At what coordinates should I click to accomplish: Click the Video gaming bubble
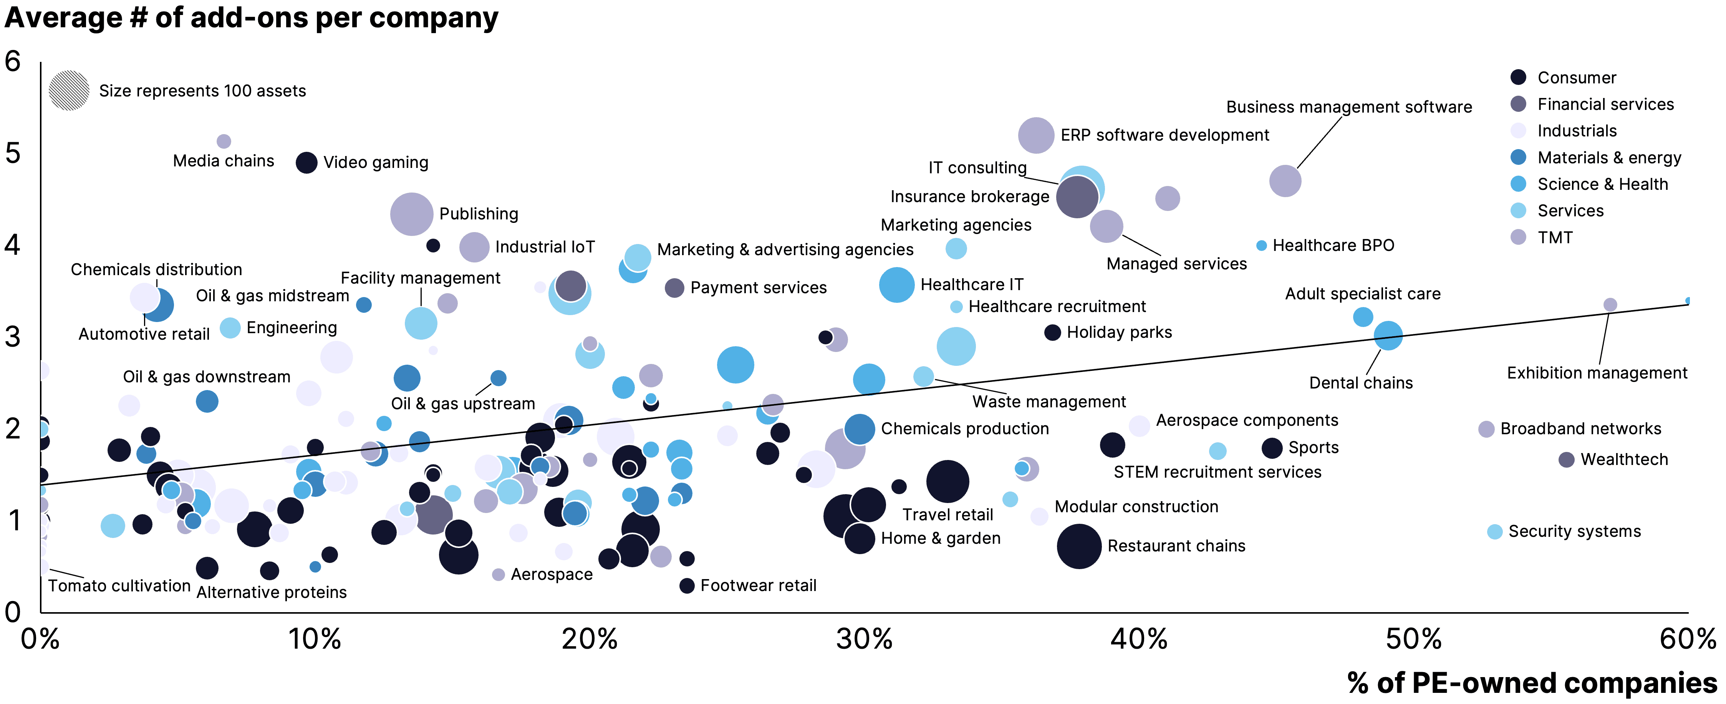click(306, 162)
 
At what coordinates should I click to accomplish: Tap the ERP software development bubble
click(1036, 135)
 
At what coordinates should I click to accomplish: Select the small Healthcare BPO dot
click(1261, 246)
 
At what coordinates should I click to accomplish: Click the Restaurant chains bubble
click(1079, 546)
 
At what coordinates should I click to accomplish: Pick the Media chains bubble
click(224, 141)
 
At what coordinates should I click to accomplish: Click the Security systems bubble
click(1494, 532)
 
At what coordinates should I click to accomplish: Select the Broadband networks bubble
click(1486, 429)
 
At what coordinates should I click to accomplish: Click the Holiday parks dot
click(1053, 332)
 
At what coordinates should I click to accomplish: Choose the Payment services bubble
click(674, 288)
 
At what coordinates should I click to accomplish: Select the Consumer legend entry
click(1576, 78)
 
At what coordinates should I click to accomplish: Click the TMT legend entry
click(1554, 237)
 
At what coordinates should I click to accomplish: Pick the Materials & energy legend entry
click(1608, 158)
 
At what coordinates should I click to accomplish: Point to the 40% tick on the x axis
click(1139, 639)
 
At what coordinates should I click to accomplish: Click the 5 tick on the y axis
click(13, 154)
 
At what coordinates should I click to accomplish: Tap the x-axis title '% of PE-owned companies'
click(1532, 682)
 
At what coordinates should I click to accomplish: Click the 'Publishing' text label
click(479, 214)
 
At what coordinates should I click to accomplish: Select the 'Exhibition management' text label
click(1597, 373)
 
